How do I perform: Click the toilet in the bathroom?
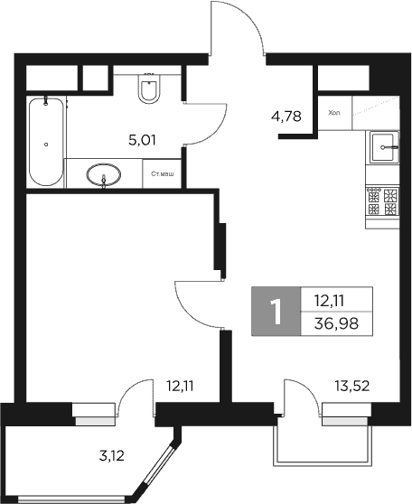(x=150, y=89)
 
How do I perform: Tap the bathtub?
(x=46, y=141)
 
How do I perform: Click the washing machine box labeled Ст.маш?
(x=163, y=174)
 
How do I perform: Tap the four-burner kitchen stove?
(x=382, y=201)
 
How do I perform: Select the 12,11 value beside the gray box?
(x=331, y=302)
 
